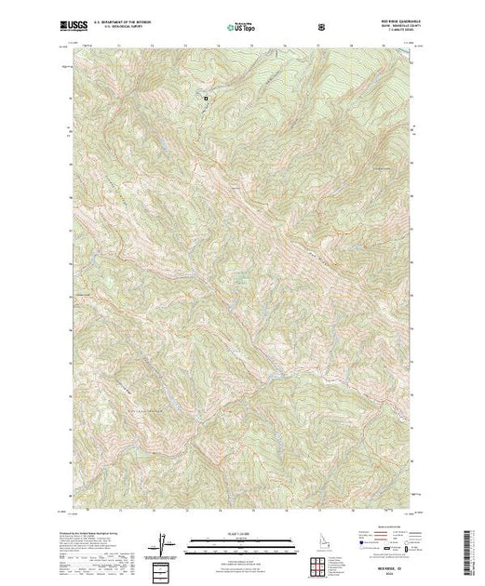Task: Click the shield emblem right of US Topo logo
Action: point(321,25)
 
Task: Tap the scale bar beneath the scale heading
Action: point(242,539)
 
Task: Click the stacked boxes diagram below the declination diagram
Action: point(165,566)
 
